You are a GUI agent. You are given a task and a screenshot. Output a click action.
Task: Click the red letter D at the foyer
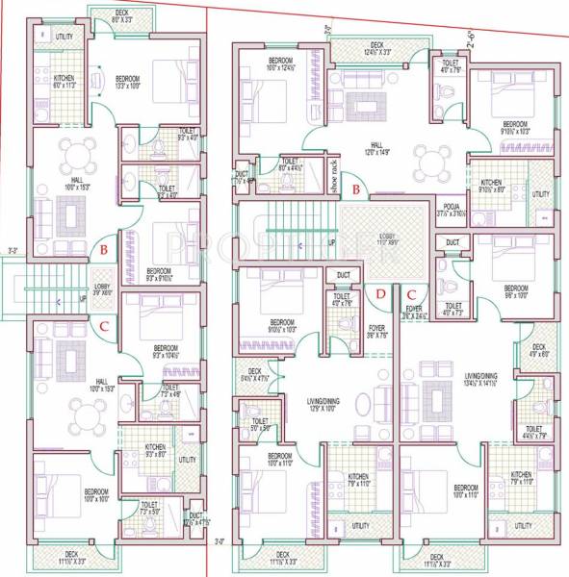click(380, 293)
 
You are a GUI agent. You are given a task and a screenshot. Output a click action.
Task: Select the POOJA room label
click(451, 209)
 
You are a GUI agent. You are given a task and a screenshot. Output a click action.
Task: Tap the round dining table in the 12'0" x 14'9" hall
click(426, 161)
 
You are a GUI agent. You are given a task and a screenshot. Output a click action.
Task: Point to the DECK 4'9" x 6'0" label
click(538, 350)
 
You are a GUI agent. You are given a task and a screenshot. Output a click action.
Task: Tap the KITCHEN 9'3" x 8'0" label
click(155, 449)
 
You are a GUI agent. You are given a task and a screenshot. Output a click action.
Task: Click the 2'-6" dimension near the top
click(470, 41)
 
